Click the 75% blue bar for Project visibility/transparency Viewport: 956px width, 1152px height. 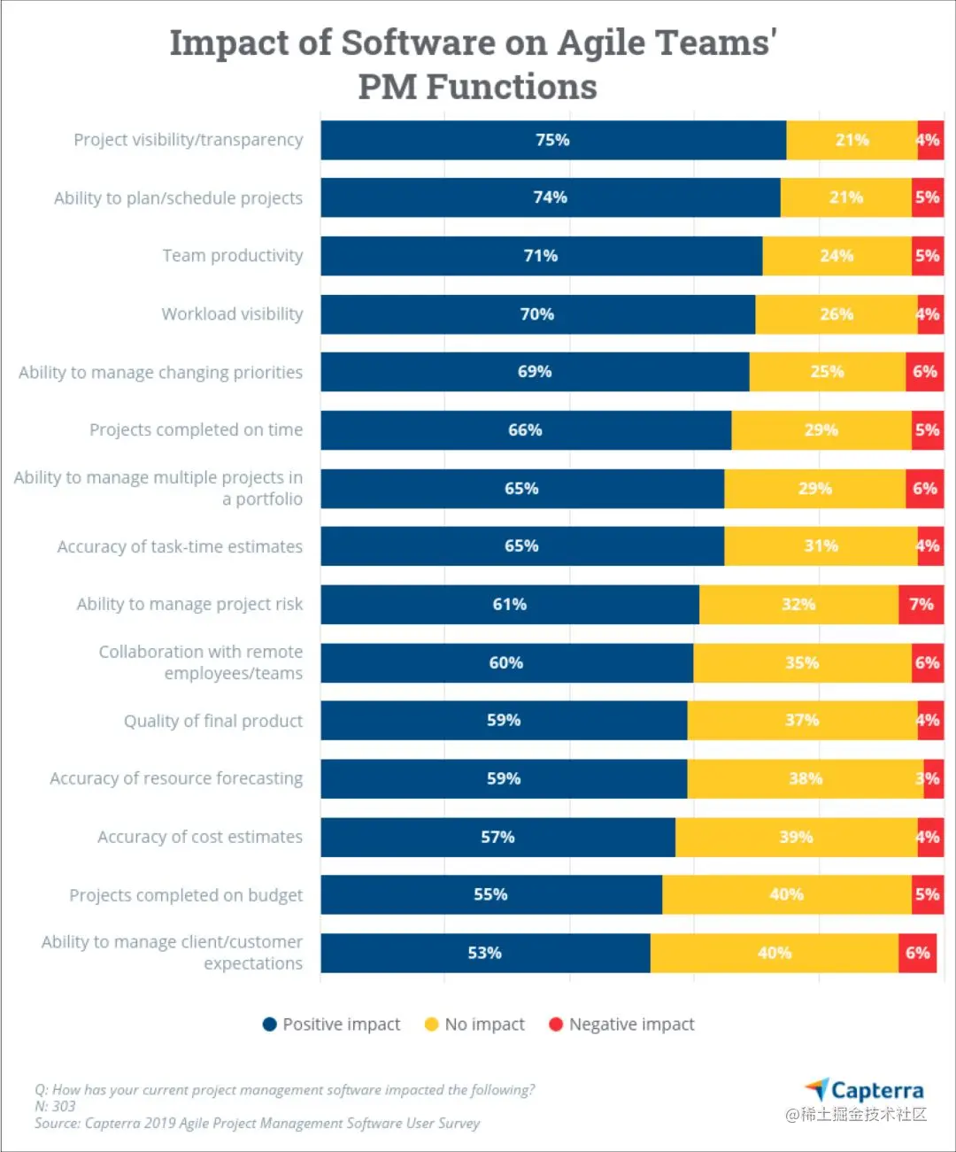pos(553,140)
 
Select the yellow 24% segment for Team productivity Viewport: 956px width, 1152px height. pos(836,256)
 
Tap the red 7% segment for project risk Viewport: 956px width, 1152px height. pos(921,604)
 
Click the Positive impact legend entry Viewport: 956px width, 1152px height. pos(332,1024)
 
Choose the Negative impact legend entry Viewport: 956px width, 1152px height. pos(621,1024)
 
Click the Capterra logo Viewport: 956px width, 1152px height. pos(864,1090)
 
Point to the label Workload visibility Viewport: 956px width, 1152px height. pos(232,314)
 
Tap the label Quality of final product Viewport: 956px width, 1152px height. pos(212,721)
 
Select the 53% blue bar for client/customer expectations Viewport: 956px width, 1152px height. pos(485,953)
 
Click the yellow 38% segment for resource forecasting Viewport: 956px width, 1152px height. pos(806,778)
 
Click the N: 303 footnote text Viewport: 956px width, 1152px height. pos(55,1106)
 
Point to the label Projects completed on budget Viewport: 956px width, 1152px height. pos(186,895)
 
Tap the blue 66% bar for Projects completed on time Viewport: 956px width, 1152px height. pos(526,430)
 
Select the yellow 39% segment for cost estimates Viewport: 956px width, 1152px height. pos(796,837)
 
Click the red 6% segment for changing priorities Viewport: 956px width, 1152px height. pos(924,372)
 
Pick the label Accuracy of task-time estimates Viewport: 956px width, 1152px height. pos(180,546)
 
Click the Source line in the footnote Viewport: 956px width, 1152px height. pos(257,1123)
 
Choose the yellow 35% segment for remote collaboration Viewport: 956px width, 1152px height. pos(802,662)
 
